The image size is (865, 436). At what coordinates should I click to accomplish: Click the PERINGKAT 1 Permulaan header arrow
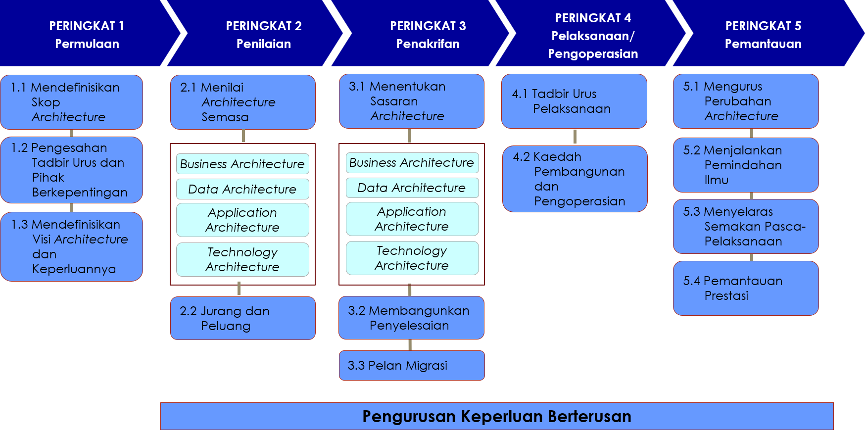[x=87, y=34]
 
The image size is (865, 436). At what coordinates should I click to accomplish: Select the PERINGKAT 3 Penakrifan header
[x=428, y=34]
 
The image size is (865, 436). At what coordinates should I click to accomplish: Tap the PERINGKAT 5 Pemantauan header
[x=763, y=34]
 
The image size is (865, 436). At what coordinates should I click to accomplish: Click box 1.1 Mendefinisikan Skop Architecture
[x=72, y=102]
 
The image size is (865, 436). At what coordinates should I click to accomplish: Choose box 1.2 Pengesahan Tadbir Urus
[x=72, y=170]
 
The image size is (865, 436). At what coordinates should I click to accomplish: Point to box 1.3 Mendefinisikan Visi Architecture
[x=72, y=246]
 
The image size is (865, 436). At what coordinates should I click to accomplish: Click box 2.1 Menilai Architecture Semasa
[x=243, y=102]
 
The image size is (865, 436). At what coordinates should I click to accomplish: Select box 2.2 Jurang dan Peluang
[x=243, y=318]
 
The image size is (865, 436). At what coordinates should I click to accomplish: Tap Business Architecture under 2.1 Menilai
[x=242, y=164]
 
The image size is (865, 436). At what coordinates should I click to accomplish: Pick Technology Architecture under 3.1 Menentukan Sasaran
[x=412, y=258]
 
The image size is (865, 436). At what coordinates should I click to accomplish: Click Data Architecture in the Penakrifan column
[x=412, y=188]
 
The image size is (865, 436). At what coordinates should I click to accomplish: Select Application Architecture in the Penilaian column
[x=242, y=220]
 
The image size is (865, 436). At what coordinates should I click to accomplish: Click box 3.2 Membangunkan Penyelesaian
[x=411, y=318]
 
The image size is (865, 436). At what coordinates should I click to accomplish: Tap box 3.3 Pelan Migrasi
[x=411, y=365]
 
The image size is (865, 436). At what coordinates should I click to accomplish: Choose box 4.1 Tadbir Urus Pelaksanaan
[x=574, y=101]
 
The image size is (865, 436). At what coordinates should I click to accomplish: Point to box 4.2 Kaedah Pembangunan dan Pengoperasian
[x=575, y=179]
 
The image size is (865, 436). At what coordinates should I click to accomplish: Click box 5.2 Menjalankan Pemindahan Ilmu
[x=746, y=165]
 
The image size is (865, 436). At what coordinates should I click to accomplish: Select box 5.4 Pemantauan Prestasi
[x=746, y=288]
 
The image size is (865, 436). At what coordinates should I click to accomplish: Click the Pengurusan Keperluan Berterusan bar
[x=497, y=416]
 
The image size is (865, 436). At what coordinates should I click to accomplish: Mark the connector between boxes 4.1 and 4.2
[x=575, y=137]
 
